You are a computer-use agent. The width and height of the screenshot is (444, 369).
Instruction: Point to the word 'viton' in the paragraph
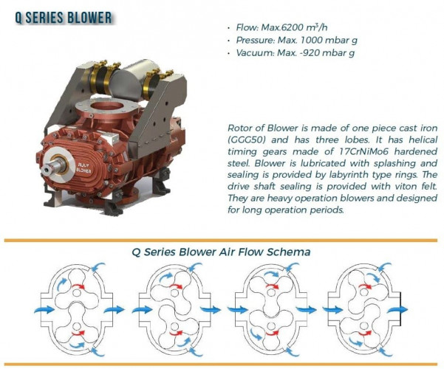389,186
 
